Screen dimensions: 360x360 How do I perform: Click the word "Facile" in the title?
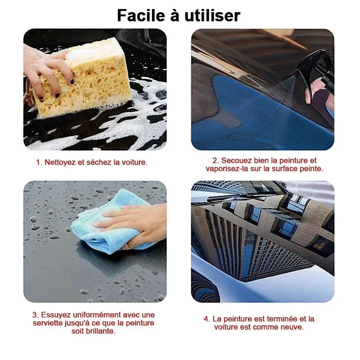(x=138, y=16)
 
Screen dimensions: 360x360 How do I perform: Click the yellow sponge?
(x=90, y=76)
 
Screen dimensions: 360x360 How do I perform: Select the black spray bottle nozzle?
(x=315, y=67)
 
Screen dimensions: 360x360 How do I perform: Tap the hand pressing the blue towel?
(x=135, y=223)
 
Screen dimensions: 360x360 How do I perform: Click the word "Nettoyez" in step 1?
(x=60, y=162)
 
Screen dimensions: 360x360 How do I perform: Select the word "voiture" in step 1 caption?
(x=133, y=162)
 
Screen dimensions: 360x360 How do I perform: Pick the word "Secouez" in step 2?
(x=234, y=161)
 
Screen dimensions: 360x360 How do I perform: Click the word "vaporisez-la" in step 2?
(x=226, y=169)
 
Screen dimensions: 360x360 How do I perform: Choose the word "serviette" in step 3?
(x=48, y=323)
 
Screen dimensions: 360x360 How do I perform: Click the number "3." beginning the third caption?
(x=36, y=315)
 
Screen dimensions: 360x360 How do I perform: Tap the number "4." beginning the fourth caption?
(x=207, y=319)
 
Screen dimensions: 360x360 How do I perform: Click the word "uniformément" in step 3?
(x=94, y=315)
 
